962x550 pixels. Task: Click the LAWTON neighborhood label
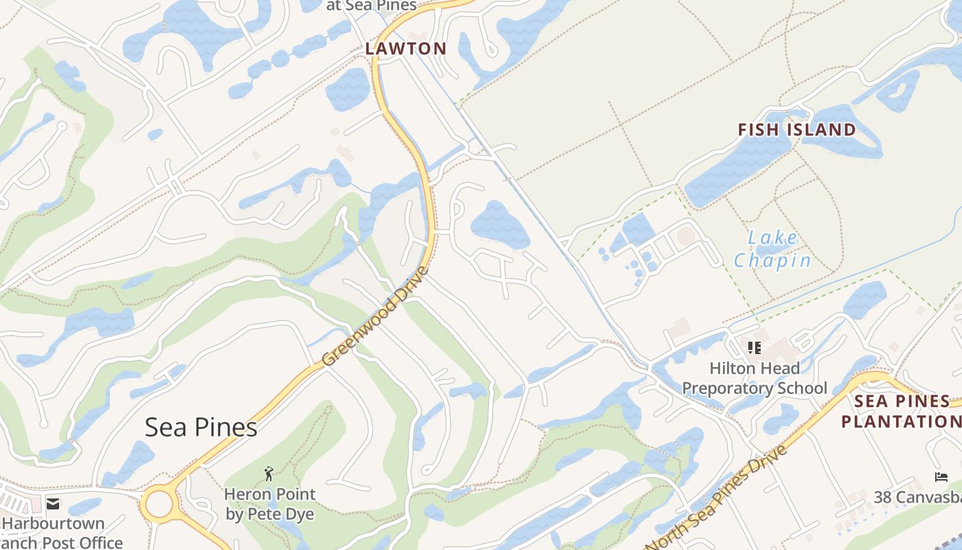coord(405,49)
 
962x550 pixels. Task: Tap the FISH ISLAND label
coord(796,130)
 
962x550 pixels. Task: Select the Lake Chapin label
coord(773,250)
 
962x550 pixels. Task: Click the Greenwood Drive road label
coord(375,316)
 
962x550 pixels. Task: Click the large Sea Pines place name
coord(201,428)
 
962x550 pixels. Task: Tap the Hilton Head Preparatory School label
coord(754,378)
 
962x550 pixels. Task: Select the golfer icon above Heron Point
coord(269,473)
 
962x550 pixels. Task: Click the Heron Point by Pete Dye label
coord(270,504)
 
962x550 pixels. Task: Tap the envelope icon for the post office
coord(53,504)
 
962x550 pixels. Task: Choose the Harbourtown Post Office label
coord(62,533)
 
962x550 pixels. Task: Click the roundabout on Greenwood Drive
coord(159,504)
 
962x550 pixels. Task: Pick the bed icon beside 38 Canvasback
coord(941,477)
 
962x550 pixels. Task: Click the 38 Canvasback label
coord(917,496)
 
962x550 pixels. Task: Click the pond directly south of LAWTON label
coord(348,89)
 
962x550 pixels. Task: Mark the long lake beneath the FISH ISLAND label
coord(739,168)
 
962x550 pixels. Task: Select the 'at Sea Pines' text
coord(371,5)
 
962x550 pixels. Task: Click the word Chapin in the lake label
coord(773,261)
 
